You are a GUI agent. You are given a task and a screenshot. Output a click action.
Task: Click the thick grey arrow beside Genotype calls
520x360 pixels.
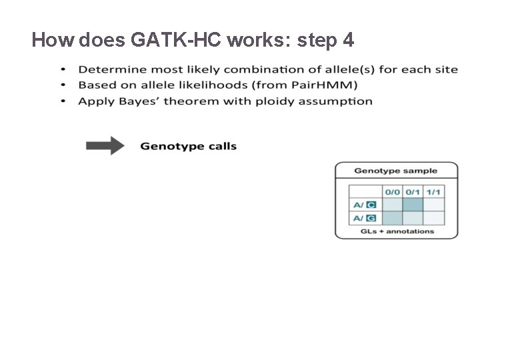(x=105, y=146)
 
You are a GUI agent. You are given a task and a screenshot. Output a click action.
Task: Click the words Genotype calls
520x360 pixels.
(x=188, y=146)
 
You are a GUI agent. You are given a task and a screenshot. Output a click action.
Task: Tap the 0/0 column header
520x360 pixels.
(x=392, y=191)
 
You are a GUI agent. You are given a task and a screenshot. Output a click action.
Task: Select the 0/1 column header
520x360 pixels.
(x=413, y=191)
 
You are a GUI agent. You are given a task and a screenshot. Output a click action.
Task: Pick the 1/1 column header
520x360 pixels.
(x=434, y=191)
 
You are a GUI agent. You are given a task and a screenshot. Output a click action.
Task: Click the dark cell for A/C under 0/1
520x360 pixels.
(x=413, y=205)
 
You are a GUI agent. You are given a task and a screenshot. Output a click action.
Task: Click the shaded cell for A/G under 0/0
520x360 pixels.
(x=392, y=218)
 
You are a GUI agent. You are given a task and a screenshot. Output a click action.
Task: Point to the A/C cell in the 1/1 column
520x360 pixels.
(x=434, y=205)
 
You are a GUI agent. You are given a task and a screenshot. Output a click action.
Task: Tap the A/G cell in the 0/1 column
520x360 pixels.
(x=413, y=218)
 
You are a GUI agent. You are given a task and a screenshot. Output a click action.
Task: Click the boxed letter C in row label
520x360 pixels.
(x=371, y=205)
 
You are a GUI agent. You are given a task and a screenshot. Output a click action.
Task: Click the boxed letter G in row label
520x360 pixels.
(x=371, y=218)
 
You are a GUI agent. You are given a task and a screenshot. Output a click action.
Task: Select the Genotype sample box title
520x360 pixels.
(x=396, y=171)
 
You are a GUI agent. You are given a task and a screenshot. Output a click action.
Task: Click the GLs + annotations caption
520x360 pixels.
(x=397, y=231)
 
